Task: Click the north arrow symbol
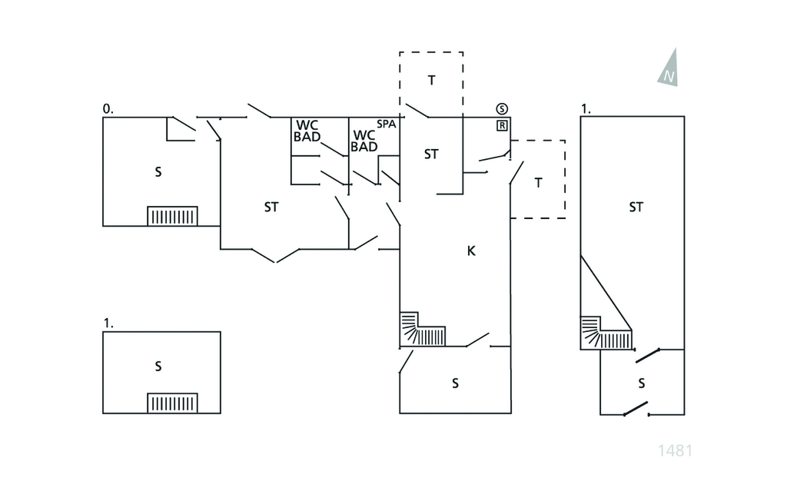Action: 669,68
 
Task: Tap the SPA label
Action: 386,124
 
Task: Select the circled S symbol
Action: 502,108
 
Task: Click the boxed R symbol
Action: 502,125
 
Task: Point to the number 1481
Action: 676,450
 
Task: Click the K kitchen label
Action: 471,250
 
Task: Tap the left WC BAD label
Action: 307,131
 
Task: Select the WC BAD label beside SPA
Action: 364,141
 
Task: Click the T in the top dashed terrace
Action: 431,81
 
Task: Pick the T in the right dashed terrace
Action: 538,182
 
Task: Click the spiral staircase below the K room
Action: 422,330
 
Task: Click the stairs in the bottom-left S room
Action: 172,403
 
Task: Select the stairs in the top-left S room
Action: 172,216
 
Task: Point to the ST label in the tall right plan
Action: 636,207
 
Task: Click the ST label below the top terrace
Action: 431,154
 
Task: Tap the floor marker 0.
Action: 108,110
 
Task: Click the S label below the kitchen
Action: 455,382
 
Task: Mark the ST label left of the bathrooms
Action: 271,207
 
